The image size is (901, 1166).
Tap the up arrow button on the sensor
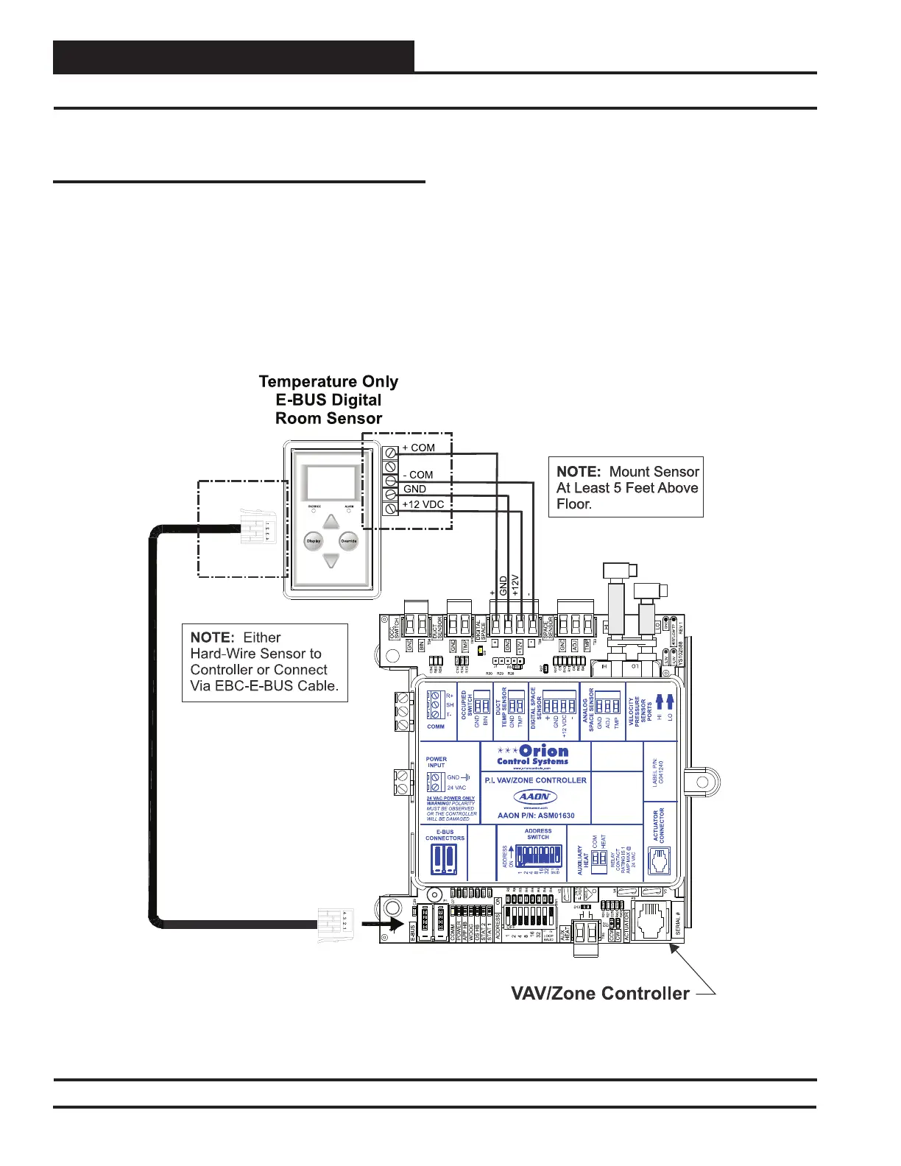click(331, 521)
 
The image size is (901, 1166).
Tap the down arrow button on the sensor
click(331, 561)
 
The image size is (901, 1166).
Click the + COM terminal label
click(418, 448)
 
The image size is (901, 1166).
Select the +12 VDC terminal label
click(423, 505)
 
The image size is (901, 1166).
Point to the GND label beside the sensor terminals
click(414, 489)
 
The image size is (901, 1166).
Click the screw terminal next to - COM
click(390, 481)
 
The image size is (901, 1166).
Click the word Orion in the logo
click(544, 752)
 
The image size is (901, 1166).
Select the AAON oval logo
click(535, 797)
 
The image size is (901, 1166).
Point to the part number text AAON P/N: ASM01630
click(536, 816)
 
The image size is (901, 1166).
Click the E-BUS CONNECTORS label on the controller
click(445, 835)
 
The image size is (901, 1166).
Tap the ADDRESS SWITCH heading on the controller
click(538, 834)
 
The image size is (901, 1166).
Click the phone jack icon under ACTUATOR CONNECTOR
click(660, 861)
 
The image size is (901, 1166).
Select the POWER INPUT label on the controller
click(437, 762)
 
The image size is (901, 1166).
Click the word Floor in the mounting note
click(573, 504)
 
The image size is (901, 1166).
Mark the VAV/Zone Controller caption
click(600, 993)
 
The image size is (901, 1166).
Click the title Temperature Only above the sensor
click(328, 381)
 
